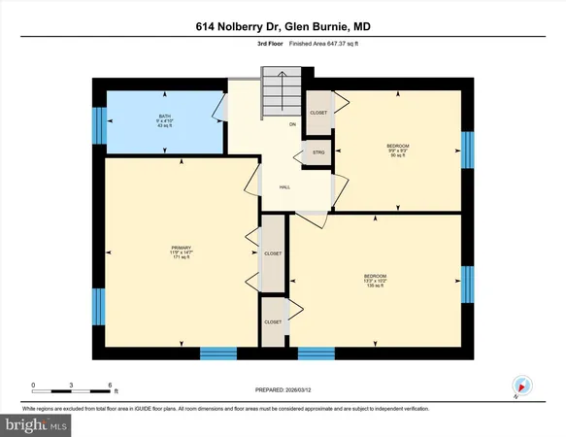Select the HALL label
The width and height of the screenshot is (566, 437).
point(285,187)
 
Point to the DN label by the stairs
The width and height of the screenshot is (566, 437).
point(292,124)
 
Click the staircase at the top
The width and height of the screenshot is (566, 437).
point(281,93)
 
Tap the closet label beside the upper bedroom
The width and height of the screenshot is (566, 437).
point(318,113)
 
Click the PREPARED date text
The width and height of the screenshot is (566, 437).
point(283,392)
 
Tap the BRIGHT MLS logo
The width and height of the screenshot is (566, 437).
point(38,424)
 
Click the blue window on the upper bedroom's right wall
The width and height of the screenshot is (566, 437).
point(468,150)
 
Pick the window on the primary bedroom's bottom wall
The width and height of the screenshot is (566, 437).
point(218,353)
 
